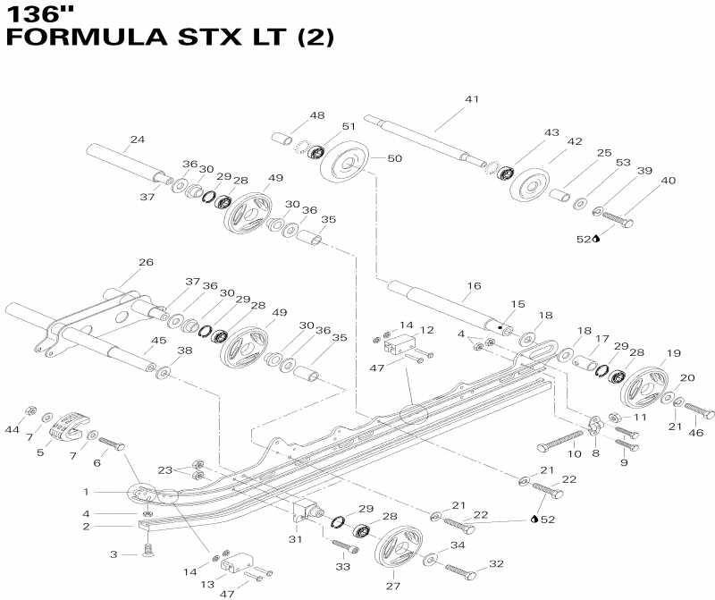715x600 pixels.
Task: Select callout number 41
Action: [471, 99]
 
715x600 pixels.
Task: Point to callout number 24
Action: [137, 139]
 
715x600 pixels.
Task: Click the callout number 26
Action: [146, 262]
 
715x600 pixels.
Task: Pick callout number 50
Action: [394, 158]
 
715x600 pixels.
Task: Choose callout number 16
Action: [473, 285]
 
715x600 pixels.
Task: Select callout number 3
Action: [114, 555]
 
